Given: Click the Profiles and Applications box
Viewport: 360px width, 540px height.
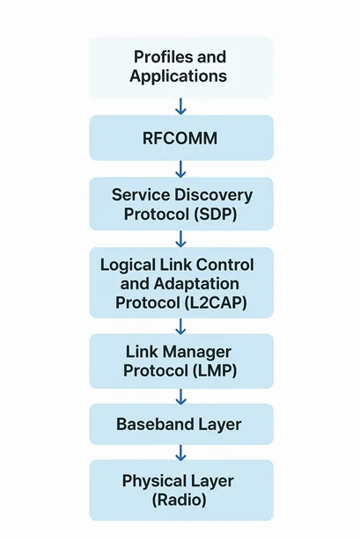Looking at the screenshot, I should coord(180,67).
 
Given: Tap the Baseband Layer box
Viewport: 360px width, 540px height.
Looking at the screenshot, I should coord(180,424).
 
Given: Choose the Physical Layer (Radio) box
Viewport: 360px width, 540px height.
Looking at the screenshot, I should coord(180,490).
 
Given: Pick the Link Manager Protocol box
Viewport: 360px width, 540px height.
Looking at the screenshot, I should coord(180,361).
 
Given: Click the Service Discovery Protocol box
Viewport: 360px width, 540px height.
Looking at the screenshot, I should coord(180,203).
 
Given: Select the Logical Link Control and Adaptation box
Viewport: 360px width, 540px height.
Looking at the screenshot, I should coord(180,283).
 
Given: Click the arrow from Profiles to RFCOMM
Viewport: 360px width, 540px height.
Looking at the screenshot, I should coord(180,106).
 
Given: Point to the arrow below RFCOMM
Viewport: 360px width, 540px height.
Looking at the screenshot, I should coord(180,168).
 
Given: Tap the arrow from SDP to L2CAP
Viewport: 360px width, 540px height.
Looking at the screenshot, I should coord(180,238).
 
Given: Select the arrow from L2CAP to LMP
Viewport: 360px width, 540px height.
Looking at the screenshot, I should coord(180,326).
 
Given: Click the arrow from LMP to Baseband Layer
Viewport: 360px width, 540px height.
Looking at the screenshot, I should coord(180,394).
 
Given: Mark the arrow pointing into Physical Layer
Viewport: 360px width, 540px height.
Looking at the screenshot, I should coord(180,453).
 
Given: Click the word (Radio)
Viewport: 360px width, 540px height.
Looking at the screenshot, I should coord(180,500).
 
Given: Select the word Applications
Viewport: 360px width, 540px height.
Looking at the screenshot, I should coord(179,77).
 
